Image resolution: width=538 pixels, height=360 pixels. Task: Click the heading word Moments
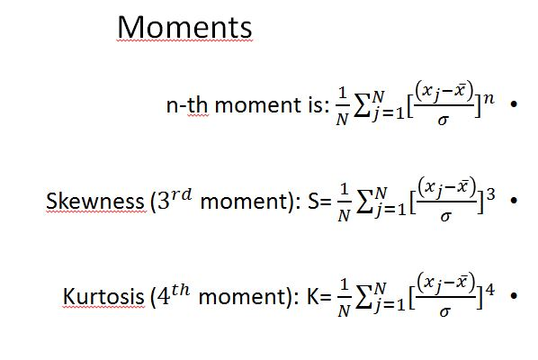[x=185, y=28]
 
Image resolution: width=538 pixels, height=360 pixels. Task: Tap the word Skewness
[x=89, y=200]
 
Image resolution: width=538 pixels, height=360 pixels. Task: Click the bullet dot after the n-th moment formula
[x=512, y=105]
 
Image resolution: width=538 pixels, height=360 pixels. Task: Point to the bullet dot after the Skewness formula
[x=512, y=200]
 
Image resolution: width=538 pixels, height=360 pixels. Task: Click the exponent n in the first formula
[x=488, y=97]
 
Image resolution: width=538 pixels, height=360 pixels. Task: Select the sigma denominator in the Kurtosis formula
[x=442, y=311]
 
